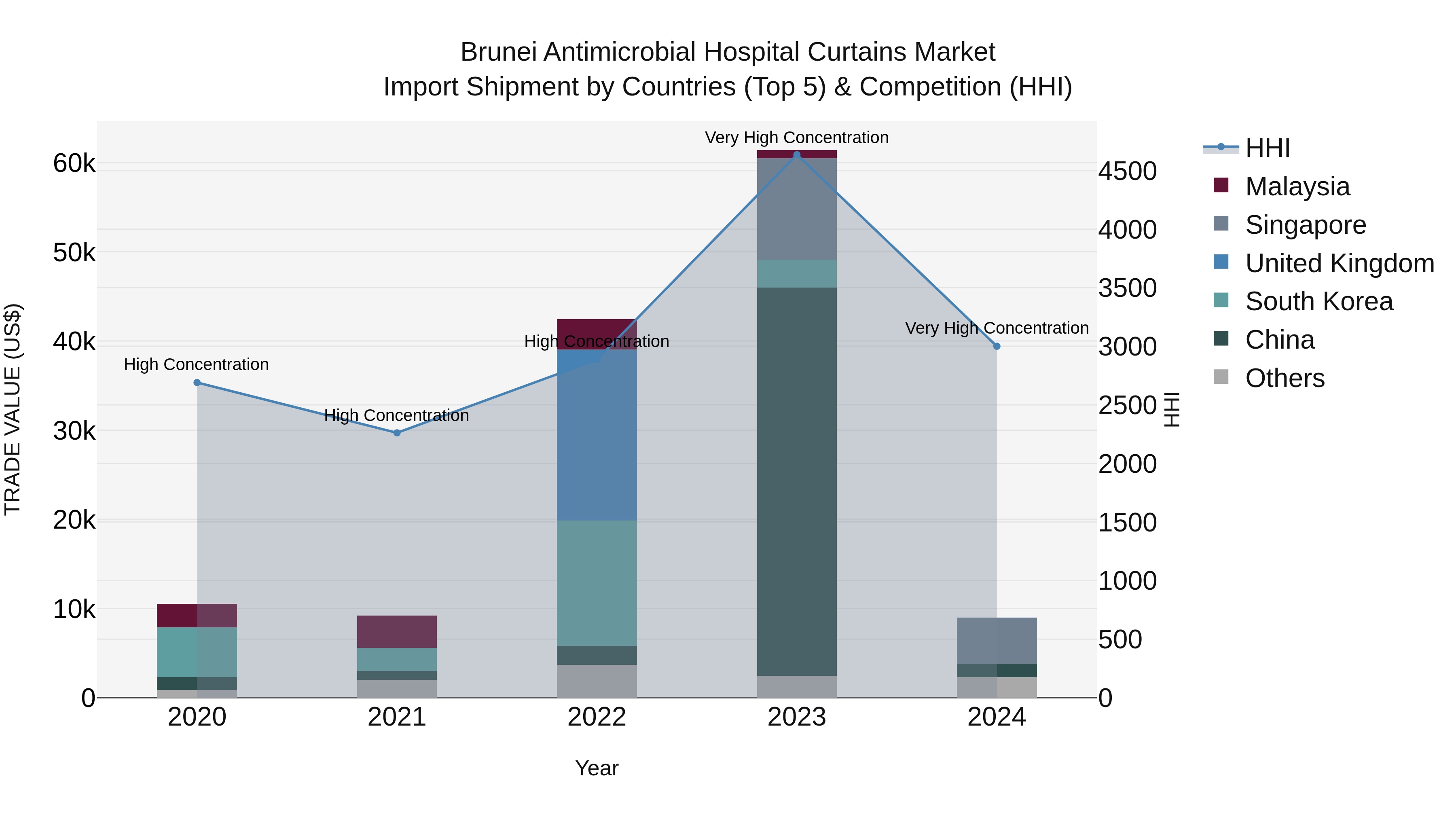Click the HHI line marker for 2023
click(796, 154)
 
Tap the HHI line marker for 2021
click(397, 433)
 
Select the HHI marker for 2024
click(997, 347)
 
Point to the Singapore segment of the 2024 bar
click(997, 640)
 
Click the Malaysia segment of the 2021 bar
click(397, 631)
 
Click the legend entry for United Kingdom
click(1339, 263)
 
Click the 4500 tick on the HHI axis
click(1127, 171)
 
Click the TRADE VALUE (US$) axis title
click(13, 409)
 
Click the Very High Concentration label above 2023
click(796, 138)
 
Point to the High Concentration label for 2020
click(196, 364)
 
